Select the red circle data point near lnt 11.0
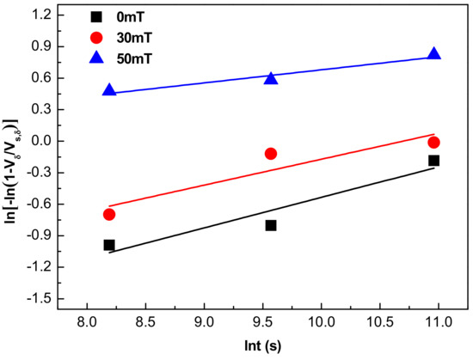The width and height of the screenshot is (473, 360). tap(433, 143)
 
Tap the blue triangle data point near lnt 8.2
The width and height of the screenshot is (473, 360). tap(109, 89)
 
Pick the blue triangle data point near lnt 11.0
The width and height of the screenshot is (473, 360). tap(433, 53)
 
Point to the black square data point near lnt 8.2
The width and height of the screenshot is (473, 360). tap(109, 245)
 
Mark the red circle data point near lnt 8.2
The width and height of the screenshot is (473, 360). tap(109, 214)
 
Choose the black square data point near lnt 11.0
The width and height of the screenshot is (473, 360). tap(433, 161)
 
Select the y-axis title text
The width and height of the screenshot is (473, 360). tap(11, 158)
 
